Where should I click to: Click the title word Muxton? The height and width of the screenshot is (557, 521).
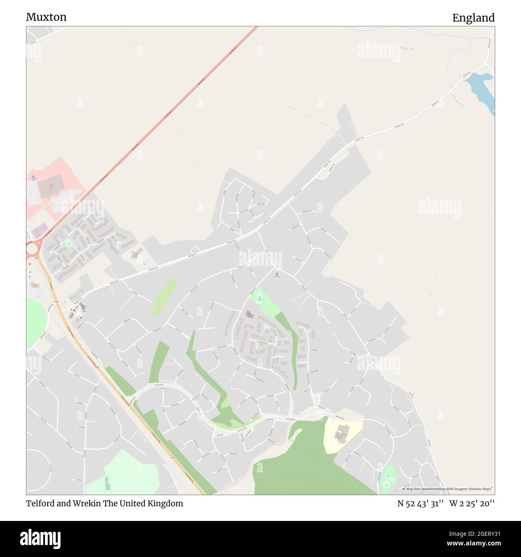[46, 17]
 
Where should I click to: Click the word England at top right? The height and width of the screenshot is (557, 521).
[473, 18]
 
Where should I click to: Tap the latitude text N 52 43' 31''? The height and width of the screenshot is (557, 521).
[420, 503]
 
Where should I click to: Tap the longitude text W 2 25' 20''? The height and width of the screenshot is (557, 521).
[472, 503]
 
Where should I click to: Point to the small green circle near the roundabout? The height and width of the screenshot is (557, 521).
[69, 242]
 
